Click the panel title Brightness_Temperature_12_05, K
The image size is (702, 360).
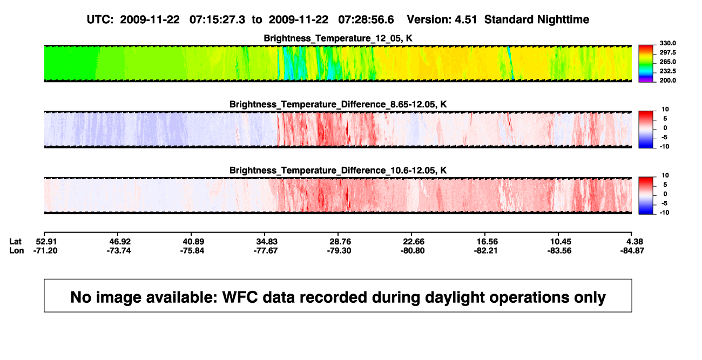tap(338, 38)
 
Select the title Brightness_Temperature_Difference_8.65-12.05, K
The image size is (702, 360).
tap(338, 104)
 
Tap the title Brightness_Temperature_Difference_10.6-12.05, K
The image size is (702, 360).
tap(338, 171)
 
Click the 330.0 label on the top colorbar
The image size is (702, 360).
tap(667, 43)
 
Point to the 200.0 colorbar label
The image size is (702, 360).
tap(667, 80)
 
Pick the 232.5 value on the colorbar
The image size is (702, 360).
tap(667, 71)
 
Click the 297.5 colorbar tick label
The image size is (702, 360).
tap(667, 52)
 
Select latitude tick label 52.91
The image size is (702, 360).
tap(46, 242)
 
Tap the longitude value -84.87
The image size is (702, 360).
tap(632, 250)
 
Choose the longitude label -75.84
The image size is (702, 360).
tap(192, 250)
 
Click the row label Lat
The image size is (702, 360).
tap(15, 242)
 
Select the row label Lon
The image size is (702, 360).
tap(17, 250)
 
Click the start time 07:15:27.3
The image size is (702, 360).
tap(217, 20)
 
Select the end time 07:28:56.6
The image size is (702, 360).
tap(366, 20)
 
